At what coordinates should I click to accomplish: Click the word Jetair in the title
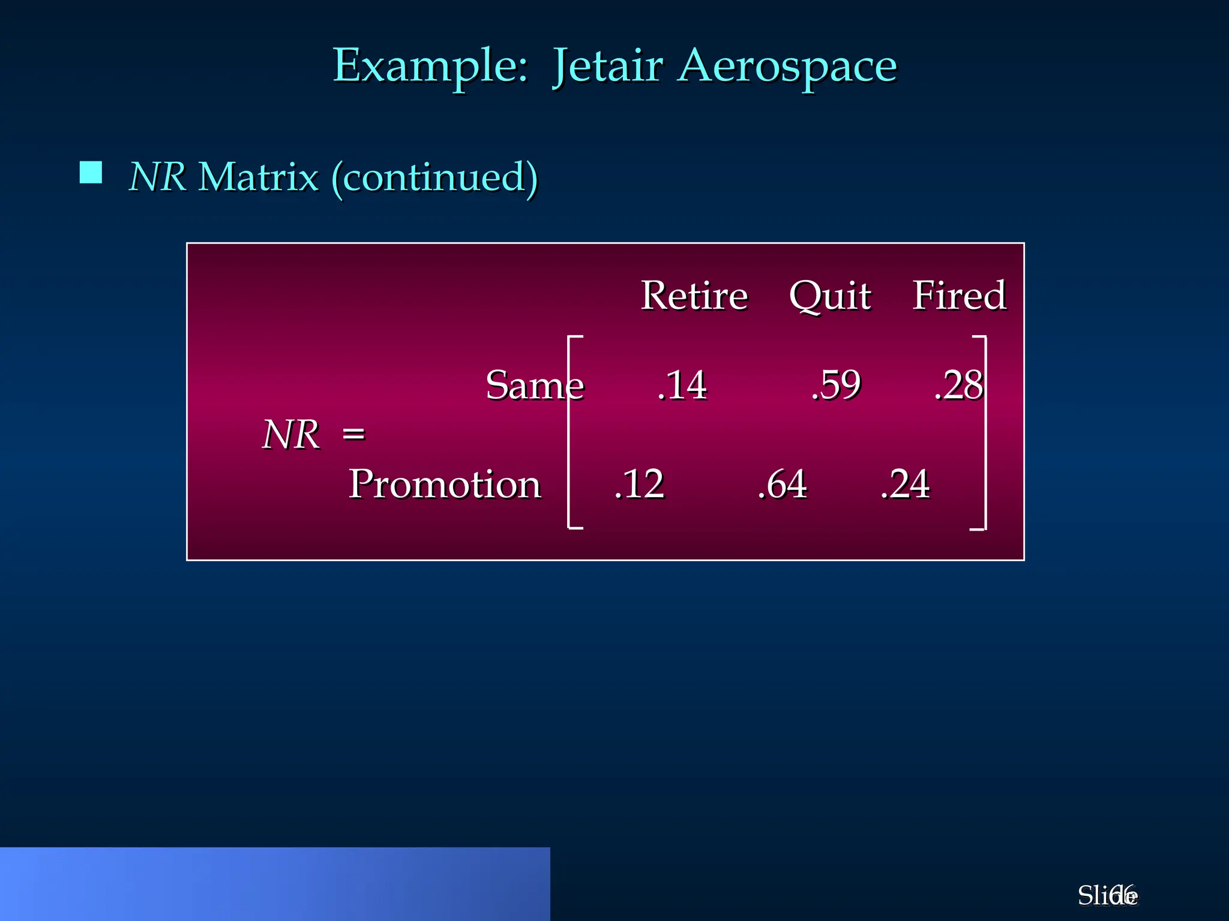[607, 66]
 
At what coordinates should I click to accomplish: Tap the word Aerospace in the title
[788, 66]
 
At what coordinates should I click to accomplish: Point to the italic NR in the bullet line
[157, 177]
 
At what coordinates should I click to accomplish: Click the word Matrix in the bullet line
[258, 177]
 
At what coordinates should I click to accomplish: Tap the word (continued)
[434, 178]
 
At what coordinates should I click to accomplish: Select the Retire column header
[694, 296]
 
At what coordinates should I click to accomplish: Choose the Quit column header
[830, 296]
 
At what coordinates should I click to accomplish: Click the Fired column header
[959, 296]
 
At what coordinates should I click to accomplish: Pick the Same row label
[534, 385]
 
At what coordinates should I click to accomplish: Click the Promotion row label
[445, 484]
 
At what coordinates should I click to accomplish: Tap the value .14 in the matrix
[682, 385]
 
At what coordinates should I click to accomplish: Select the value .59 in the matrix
[836, 385]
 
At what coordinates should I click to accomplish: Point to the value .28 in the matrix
[958, 385]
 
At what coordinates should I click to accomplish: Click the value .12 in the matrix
[639, 484]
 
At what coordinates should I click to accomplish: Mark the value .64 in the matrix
[782, 484]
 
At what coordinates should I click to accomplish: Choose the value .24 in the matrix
[905, 484]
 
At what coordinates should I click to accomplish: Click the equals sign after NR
[353, 434]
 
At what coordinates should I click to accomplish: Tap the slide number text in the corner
[1107, 896]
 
